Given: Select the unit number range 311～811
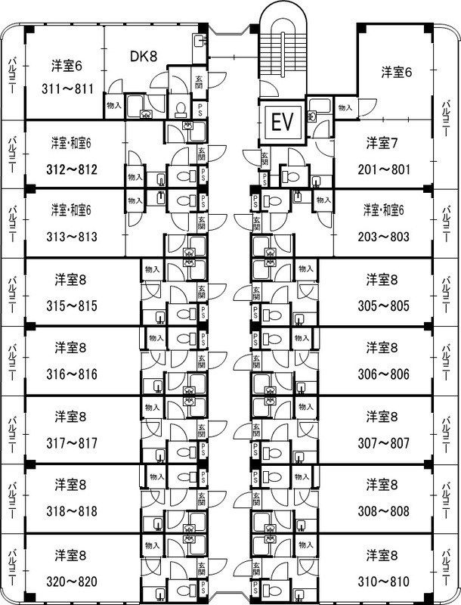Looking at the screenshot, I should pyautogui.click(x=69, y=88).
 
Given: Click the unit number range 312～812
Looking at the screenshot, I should pyautogui.click(x=72, y=169).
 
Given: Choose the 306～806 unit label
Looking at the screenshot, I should pyautogui.click(x=382, y=374).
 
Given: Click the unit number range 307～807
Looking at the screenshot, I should pyautogui.click(x=382, y=443).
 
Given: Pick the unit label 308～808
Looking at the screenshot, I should pyautogui.click(x=382, y=511).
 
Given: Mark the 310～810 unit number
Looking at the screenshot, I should pyautogui.click(x=382, y=582).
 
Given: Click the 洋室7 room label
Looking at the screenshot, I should pyautogui.click(x=382, y=142).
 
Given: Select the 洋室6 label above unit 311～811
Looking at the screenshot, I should pyautogui.click(x=67, y=65).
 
